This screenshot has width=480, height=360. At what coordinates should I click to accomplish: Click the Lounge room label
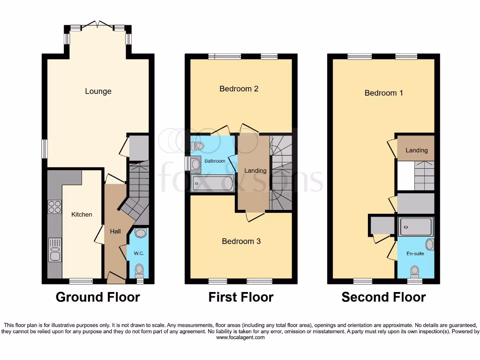coord(98,91)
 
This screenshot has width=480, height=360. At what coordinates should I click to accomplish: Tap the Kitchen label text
coord(82,214)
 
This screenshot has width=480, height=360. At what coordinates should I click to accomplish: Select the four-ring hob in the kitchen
coord(54,207)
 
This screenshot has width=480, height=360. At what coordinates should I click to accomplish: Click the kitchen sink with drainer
coord(54,249)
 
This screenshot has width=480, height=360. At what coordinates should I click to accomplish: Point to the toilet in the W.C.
coord(139,270)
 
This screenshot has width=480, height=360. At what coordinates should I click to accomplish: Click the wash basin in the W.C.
coord(140,232)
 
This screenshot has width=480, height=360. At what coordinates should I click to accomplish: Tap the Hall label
coord(115,231)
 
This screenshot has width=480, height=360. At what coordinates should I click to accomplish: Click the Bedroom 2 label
coord(239,89)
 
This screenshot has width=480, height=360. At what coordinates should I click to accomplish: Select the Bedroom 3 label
coord(241,241)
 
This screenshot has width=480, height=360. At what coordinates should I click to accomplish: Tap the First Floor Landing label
coord(255,171)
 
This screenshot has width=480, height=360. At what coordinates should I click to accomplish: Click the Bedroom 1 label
coord(383,93)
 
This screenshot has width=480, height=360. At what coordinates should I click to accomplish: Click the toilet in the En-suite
coord(414,270)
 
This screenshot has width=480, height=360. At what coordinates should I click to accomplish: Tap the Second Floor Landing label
coord(416,150)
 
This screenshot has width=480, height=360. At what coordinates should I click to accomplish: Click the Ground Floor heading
coord(97,297)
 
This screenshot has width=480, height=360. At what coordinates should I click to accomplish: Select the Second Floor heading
coord(383,297)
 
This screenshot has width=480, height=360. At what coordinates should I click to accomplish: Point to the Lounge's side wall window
coord(44,149)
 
